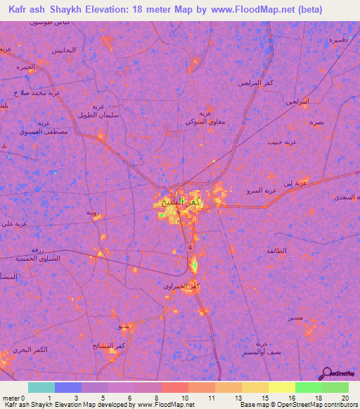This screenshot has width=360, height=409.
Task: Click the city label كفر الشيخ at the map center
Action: tap(179, 202)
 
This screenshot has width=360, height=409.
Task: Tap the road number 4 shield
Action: tap(190, 248)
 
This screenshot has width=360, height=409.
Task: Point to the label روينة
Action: tap(93, 212)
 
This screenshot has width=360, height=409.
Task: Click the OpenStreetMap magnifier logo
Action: tap(326, 373)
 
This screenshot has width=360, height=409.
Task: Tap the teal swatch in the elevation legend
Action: tap(41, 387)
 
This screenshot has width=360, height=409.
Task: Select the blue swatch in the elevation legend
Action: tap(67, 387)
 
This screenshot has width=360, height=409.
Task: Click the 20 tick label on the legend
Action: tap(345, 398)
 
